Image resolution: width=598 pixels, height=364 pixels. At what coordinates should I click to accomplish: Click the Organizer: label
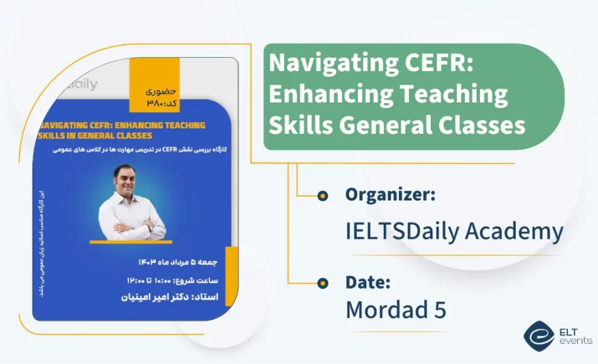click(x=390, y=195)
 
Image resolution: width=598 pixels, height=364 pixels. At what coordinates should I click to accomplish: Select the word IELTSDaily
click(x=402, y=231)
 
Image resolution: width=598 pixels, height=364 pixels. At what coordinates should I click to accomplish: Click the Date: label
click(x=368, y=283)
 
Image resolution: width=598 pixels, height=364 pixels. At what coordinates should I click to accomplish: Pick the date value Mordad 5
click(x=396, y=309)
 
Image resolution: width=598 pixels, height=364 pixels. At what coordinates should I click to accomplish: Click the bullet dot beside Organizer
click(x=323, y=196)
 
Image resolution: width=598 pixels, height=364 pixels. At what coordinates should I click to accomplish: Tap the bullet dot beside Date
click(x=323, y=283)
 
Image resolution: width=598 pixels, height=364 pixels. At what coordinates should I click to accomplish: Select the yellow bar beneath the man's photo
click(x=131, y=241)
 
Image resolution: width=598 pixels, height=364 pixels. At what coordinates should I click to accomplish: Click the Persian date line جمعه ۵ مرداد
click(x=175, y=260)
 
